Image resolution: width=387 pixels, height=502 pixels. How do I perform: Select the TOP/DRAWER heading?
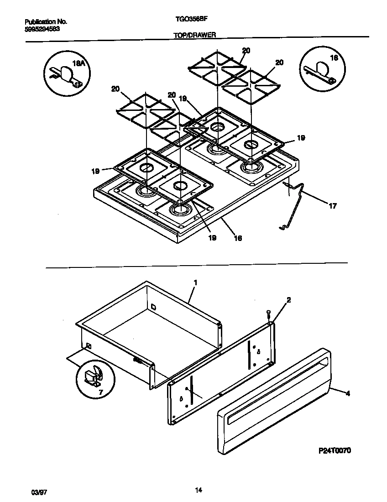pos(194,34)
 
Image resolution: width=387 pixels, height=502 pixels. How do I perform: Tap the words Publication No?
pos(45,21)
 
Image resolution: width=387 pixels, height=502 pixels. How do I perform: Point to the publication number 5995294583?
pos(42,28)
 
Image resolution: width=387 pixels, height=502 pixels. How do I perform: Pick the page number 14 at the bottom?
pos(198,491)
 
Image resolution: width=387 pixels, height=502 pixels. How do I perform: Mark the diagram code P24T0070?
pos(335,450)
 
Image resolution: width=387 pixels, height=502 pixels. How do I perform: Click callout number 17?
pos(332,206)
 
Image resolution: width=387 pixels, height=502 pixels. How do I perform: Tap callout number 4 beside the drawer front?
pos(348,392)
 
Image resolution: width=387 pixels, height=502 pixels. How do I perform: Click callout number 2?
pos(288,300)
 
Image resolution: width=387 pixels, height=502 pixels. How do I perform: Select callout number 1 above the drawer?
pos(195,283)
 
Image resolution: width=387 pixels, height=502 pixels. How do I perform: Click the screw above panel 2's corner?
pos(269,313)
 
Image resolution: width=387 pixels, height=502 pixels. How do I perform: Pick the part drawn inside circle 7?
pos(94,377)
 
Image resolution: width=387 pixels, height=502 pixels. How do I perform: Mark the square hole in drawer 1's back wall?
pos(153,307)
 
